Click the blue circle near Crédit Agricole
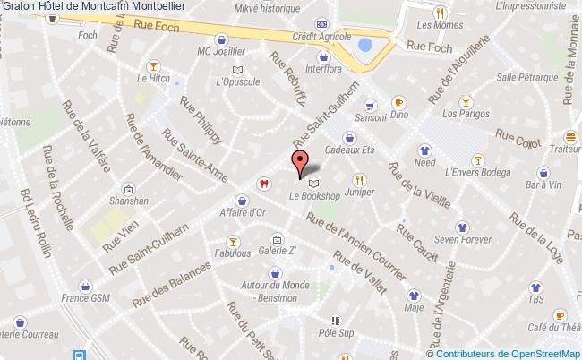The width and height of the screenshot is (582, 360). tap(364, 45)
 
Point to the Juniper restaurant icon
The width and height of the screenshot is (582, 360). tap(359, 178)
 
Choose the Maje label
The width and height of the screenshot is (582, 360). tap(414, 307)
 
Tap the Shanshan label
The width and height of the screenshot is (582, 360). tap(130, 202)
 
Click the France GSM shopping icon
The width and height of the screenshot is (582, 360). tap(84, 287)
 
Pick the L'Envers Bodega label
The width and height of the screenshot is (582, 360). tap(478, 172)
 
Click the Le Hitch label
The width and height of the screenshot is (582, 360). tap(154, 79)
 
